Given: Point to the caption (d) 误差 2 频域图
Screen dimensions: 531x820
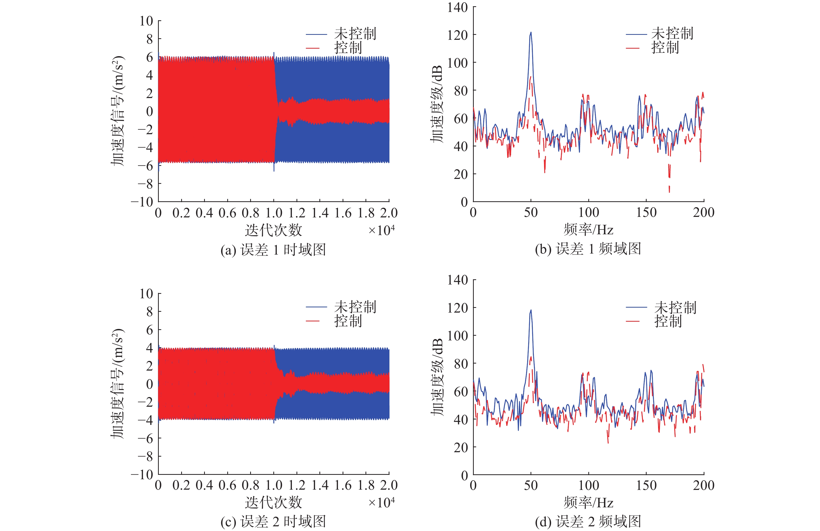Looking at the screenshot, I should (x=588, y=521).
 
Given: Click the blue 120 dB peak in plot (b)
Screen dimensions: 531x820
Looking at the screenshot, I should (x=531, y=33).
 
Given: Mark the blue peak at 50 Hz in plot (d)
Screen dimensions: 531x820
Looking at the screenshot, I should (x=531, y=311).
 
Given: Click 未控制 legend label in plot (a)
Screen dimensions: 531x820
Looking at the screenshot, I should (x=355, y=34).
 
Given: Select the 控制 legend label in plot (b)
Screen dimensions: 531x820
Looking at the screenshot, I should (x=665, y=48).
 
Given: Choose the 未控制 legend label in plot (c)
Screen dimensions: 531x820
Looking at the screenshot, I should (x=355, y=306).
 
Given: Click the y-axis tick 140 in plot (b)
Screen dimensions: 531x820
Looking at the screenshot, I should (x=458, y=7).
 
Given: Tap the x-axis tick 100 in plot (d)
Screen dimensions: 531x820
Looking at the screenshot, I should (x=589, y=485).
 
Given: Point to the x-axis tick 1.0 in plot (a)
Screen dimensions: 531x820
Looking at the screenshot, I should (x=274, y=213).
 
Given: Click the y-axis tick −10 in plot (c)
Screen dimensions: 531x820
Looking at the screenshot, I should (x=142, y=475).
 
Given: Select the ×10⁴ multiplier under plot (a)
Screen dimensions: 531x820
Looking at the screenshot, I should (x=381, y=230).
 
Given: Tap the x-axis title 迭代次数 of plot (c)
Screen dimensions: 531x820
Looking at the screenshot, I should (x=273, y=502).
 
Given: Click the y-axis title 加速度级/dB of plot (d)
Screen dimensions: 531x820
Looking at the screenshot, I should (x=437, y=377).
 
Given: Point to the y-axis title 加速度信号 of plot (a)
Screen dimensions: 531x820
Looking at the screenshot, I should (x=117, y=111).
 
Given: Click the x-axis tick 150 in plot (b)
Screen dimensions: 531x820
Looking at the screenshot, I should (x=646, y=212).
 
